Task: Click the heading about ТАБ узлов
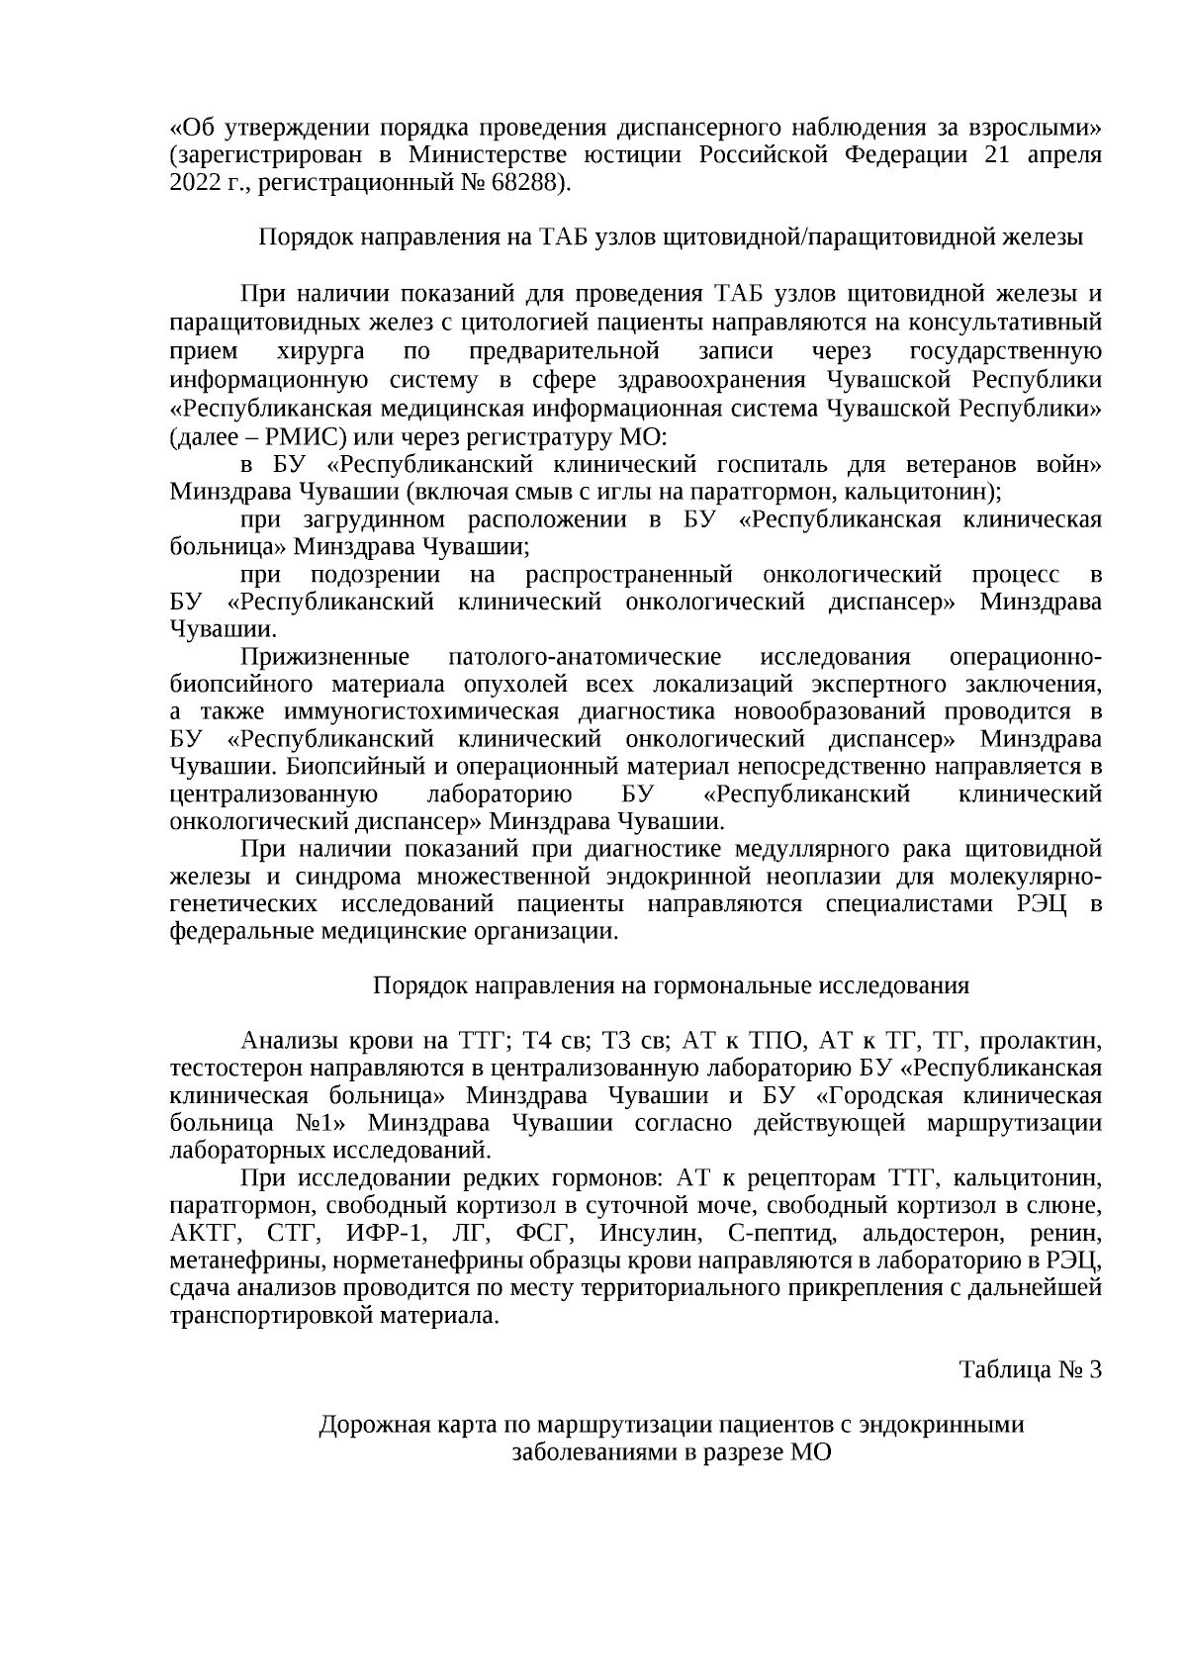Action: (x=671, y=238)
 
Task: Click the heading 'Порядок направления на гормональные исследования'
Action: (x=671, y=986)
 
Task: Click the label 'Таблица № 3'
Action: (x=1030, y=1370)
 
